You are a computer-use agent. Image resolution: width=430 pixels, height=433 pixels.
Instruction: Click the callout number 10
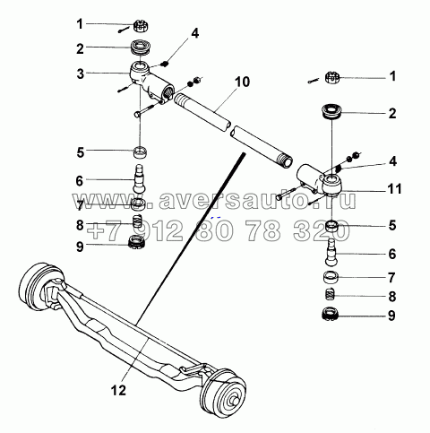[x=242, y=82]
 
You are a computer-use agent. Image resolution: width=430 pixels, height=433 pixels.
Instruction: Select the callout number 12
[x=119, y=390]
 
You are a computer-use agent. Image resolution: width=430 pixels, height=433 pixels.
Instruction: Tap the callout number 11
[x=394, y=189]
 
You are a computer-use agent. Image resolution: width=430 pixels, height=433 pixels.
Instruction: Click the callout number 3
[x=81, y=74]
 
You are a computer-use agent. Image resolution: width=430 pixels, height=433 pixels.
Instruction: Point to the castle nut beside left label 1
[x=141, y=26]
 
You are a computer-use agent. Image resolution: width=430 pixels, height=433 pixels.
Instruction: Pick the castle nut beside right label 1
[x=331, y=77]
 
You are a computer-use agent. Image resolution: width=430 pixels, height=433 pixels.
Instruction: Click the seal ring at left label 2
[x=142, y=48]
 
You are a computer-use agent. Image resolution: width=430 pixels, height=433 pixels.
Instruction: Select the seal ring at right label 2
[x=331, y=112]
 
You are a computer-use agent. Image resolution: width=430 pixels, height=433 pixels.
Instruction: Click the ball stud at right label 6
[x=331, y=252]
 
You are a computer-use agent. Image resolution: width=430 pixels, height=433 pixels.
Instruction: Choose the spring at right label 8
[x=330, y=294]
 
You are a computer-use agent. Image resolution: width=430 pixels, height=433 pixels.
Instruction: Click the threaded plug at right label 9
[x=331, y=315]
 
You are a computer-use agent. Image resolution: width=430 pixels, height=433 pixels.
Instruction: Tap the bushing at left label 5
[x=140, y=152]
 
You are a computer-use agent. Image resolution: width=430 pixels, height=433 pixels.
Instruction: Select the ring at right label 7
[x=331, y=277]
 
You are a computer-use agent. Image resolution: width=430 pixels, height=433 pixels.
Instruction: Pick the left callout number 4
[x=194, y=33]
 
